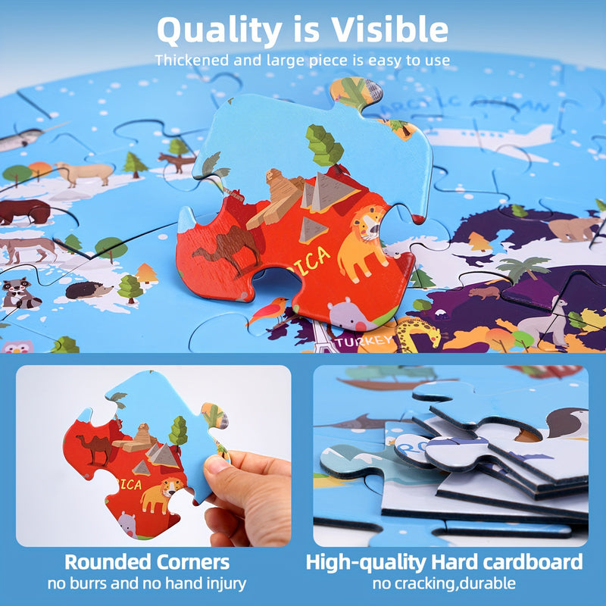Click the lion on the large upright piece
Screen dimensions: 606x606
[x=361, y=241]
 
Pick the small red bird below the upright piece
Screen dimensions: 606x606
[x=269, y=310]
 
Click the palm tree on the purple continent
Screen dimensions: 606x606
[x=523, y=267]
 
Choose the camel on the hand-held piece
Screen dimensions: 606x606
[x=95, y=448]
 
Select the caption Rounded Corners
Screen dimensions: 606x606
[x=146, y=563]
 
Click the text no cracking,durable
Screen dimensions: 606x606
[x=444, y=584]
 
